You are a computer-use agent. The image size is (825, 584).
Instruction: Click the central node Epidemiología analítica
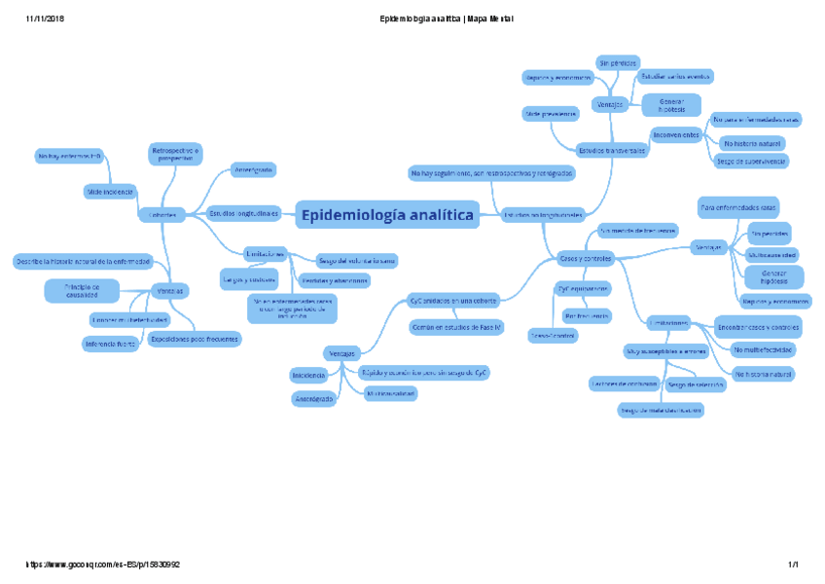[x=387, y=214]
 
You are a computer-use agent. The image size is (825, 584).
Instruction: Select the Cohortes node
[x=162, y=214]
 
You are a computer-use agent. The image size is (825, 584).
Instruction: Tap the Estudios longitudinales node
[x=244, y=212]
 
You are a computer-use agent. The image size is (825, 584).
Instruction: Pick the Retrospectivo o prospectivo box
[x=175, y=153]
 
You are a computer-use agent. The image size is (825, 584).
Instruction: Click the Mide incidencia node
[x=110, y=192]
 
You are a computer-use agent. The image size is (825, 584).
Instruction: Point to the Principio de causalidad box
[x=82, y=290]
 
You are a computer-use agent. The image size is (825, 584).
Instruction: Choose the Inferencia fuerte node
[x=110, y=343]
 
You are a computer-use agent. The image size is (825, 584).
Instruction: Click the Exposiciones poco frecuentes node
[x=194, y=339]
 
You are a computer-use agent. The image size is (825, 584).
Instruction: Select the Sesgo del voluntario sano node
[x=357, y=260]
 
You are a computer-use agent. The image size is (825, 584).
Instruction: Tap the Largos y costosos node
[x=248, y=279]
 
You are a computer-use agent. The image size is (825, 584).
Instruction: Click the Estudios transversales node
[x=612, y=151]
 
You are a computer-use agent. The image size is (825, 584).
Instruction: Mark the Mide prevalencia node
[x=551, y=114]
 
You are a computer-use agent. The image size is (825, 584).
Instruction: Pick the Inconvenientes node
[x=676, y=134]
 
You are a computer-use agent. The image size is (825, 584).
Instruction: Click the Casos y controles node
[x=585, y=258]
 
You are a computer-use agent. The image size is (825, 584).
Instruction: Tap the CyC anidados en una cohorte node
[x=453, y=300]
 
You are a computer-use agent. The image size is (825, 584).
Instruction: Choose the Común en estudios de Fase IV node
[x=456, y=328]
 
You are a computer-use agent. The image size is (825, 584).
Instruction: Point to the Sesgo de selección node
[x=696, y=384]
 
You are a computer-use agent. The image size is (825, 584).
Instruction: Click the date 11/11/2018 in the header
[x=45, y=19]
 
